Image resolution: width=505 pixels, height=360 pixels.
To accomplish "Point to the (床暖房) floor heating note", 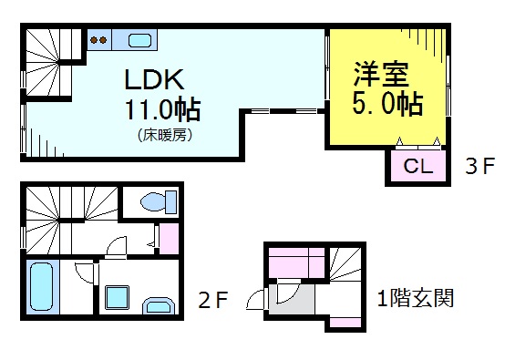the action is [165, 135].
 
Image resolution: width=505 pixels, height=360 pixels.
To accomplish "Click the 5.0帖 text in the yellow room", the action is [387, 102].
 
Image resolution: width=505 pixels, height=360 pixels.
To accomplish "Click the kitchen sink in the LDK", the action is [139, 40].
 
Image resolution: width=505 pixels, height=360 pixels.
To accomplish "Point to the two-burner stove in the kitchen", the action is [98, 40].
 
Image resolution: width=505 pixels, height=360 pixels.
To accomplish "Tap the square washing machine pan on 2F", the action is [118, 296].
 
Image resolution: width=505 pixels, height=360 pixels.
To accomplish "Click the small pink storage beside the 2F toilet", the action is [170, 238].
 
